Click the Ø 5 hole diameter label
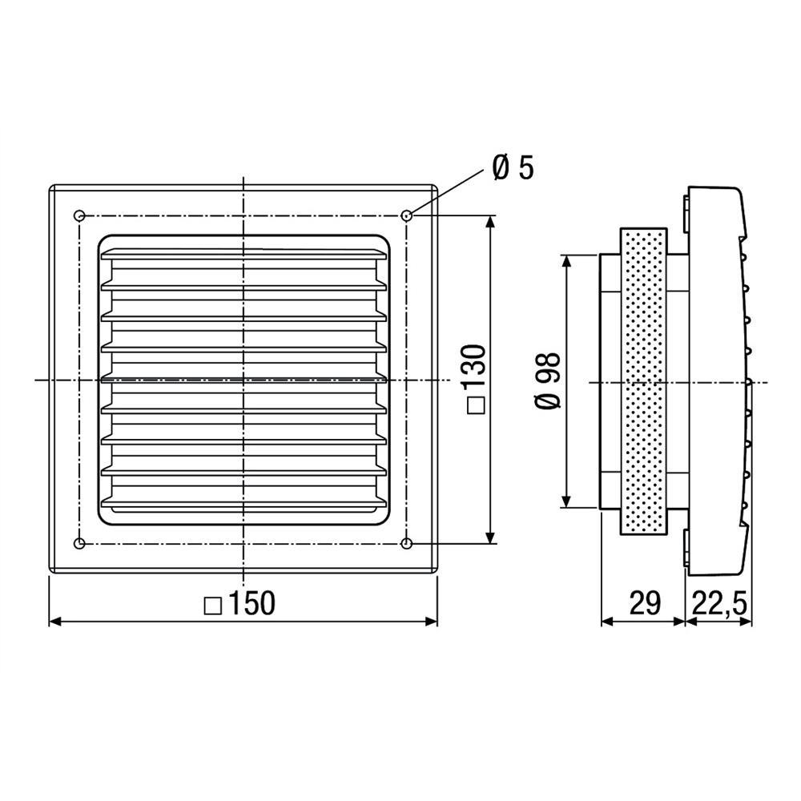[x=513, y=168]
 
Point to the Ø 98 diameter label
[x=549, y=380]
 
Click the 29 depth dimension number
[x=644, y=603]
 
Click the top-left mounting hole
[x=79, y=215]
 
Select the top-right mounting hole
[x=407, y=215]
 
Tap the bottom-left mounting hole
[x=79, y=544]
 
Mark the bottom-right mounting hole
[x=407, y=544]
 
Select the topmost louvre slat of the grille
[x=244, y=256]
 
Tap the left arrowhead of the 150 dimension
[x=54, y=621]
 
